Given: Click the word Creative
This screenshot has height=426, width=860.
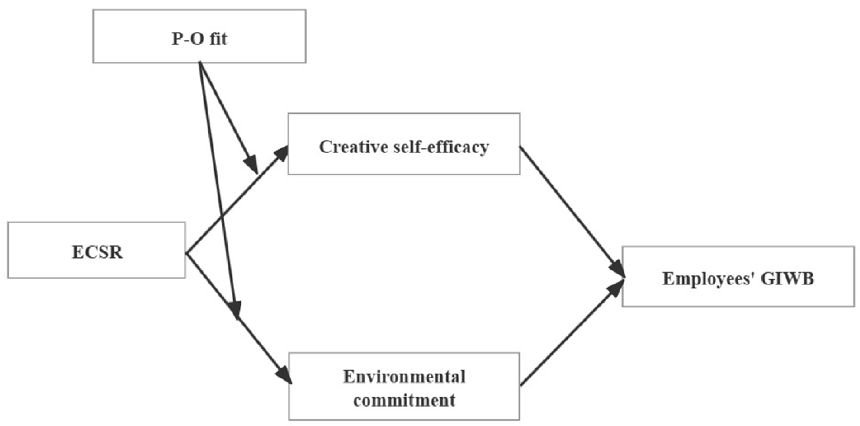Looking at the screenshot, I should click(x=354, y=147).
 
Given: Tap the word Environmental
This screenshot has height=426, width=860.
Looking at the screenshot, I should click(x=404, y=377).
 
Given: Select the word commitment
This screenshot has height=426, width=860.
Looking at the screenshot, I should click(x=404, y=400).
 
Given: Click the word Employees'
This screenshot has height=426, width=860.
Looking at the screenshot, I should click(x=708, y=278).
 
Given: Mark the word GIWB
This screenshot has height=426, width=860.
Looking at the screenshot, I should click(x=787, y=278).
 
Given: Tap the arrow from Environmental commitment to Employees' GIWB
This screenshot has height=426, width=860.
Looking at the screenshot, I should click(x=572, y=333).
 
